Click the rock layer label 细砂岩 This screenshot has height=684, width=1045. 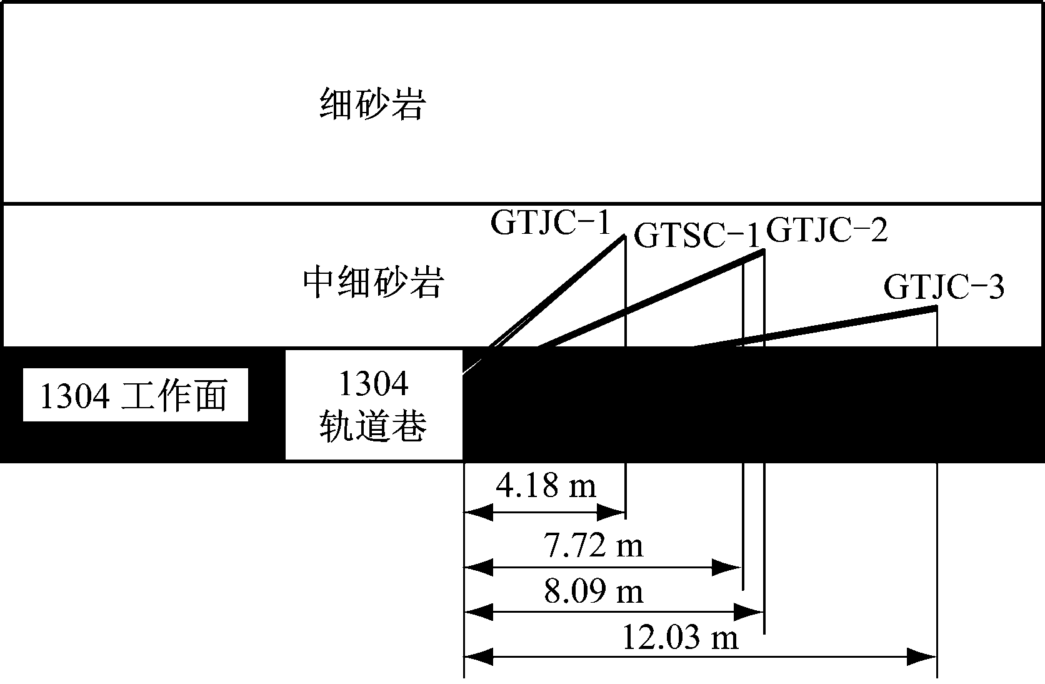click(372, 104)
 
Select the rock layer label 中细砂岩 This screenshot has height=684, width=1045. click(373, 282)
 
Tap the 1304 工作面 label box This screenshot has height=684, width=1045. click(135, 395)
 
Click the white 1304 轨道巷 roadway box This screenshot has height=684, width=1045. click(374, 405)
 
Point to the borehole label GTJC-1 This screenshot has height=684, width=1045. click(551, 223)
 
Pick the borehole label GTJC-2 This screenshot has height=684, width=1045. click(827, 229)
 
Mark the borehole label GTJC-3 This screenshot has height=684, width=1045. click(943, 286)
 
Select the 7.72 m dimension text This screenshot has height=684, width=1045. click(593, 545)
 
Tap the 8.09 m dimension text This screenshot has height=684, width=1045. click(593, 591)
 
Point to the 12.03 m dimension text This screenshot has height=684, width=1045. click(680, 637)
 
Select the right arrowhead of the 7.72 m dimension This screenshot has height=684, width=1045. click(726, 567)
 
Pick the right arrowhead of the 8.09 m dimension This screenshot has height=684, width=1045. click(748, 611)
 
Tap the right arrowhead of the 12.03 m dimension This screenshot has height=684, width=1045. click(921, 657)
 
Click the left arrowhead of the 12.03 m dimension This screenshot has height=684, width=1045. click(479, 657)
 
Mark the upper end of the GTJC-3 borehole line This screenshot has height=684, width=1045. click(936, 308)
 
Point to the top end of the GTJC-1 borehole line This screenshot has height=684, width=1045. click(624, 236)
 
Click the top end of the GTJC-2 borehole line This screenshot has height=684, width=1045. click(763, 251)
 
